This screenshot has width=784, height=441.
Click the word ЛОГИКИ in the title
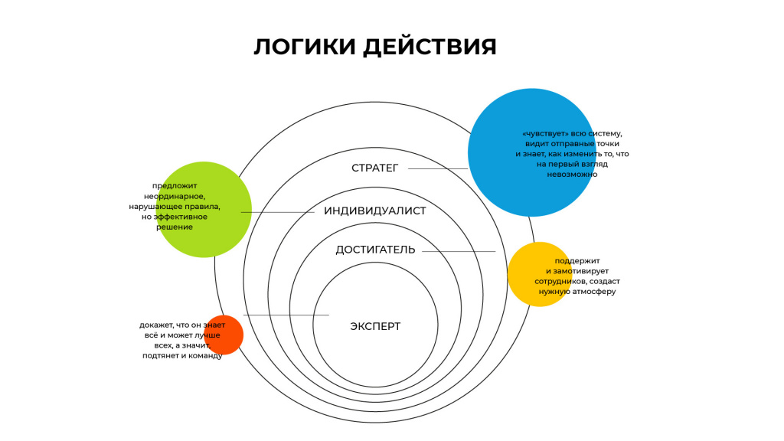305,47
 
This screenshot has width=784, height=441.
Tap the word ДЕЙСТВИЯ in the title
430,47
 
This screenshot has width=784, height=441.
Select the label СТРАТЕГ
375,168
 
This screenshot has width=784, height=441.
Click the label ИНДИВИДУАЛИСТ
375,211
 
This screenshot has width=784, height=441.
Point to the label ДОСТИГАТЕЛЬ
375,250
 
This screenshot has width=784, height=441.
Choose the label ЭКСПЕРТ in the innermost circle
375,326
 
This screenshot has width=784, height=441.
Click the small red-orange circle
224,335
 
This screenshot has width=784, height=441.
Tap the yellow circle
540,274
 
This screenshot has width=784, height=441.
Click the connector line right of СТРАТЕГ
438,168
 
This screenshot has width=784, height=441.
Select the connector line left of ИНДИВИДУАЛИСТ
277,213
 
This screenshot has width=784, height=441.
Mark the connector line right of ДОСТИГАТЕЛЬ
459,251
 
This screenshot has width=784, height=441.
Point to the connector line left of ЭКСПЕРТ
286,315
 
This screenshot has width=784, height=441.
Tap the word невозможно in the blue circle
572,174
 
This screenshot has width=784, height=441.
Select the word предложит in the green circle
175,186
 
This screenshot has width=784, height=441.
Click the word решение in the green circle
175,227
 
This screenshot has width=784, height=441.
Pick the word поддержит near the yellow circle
577,261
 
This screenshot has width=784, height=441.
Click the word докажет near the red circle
156,325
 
